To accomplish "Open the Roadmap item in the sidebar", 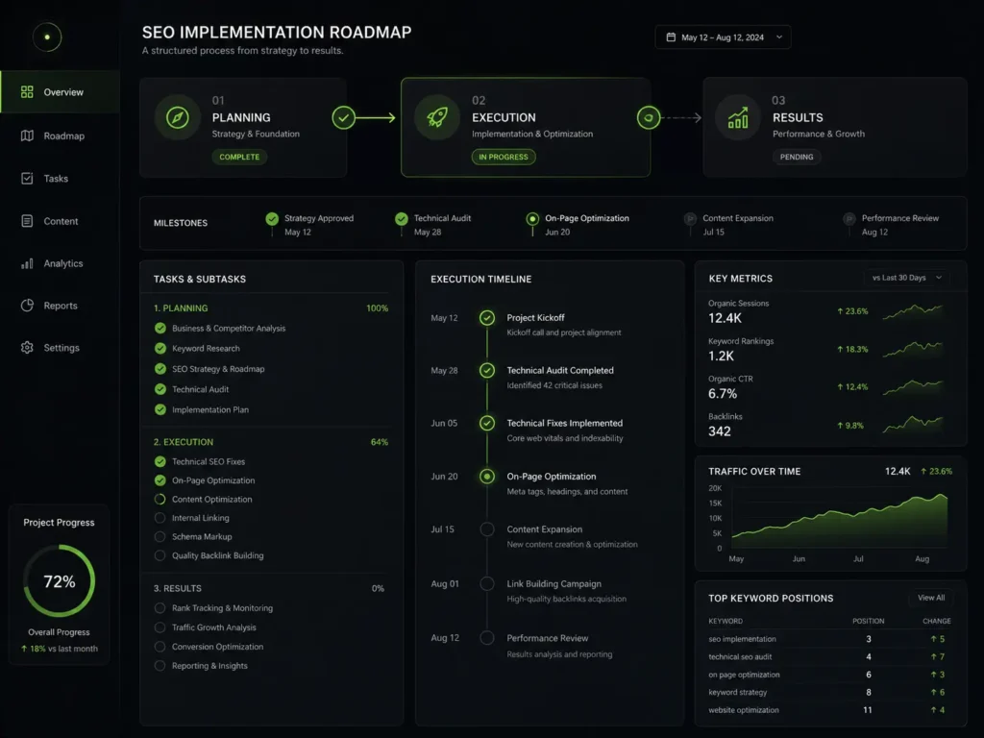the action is (53, 135).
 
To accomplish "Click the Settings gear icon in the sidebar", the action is (27, 347).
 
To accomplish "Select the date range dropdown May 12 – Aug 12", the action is (723, 37).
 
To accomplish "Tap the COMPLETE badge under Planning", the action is (239, 157).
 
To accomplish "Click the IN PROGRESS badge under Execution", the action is (504, 157).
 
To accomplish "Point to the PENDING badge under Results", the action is (797, 157).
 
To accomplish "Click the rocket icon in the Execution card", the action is (437, 117).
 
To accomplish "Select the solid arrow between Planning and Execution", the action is (376, 117).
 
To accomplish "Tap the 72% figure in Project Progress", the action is (59, 581).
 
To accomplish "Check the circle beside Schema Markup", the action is (160, 536).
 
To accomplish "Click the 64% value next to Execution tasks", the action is (379, 442).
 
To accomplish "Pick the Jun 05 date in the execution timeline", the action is (444, 423).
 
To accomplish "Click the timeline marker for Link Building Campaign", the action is (487, 583).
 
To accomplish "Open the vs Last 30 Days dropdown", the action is (907, 278).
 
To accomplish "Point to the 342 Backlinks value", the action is (719, 431).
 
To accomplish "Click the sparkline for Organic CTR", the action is (913, 388).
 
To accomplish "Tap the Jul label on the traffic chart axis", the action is (858, 558).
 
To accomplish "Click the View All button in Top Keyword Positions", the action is (930, 598).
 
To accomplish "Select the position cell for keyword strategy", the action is (869, 692).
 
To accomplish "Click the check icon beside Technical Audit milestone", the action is (402, 218).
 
